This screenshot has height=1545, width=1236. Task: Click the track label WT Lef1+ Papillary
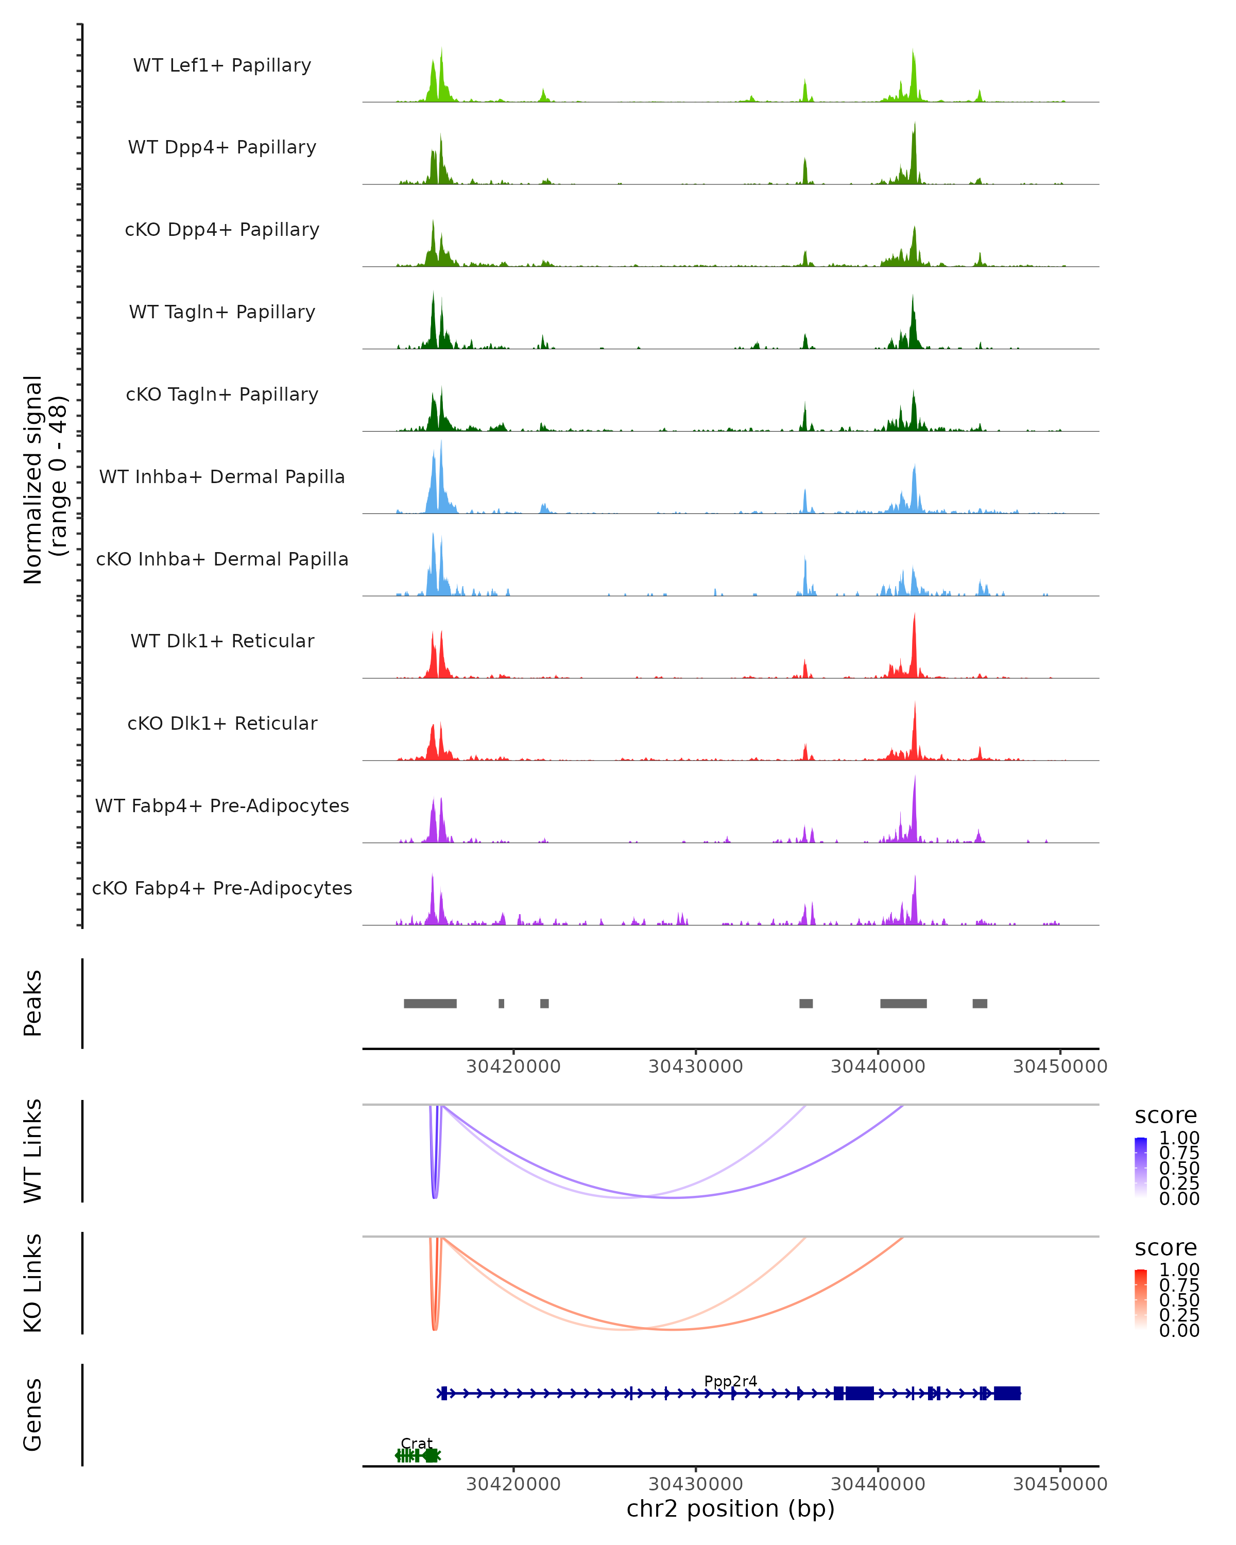[x=222, y=65]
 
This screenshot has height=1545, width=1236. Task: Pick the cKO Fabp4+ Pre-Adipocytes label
[x=222, y=888]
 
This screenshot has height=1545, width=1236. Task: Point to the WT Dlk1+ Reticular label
[x=222, y=641]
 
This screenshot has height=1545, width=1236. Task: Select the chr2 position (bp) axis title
[x=730, y=1508]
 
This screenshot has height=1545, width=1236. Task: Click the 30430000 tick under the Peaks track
[x=695, y=1067]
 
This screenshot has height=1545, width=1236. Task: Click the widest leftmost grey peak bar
[x=430, y=1003]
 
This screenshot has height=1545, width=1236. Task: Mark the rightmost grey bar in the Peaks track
[x=980, y=1003]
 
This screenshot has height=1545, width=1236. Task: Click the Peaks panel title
[x=33, y=1003]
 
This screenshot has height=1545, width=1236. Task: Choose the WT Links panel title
[x=33, y=1151]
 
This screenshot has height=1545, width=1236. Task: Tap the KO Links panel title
[x=33, y=1283]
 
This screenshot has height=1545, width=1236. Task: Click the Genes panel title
[x=33, y=1415]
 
